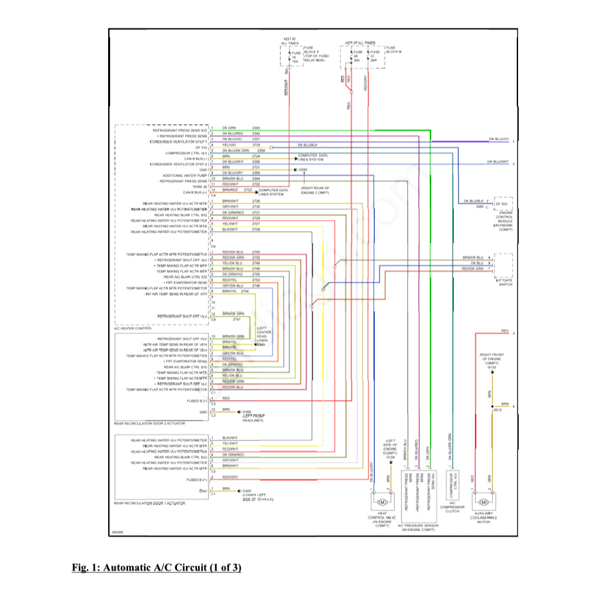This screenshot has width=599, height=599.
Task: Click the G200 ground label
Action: point(302,170)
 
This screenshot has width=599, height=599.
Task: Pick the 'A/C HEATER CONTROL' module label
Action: point(134,328)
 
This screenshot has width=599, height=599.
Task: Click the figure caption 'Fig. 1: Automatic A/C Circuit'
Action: point(157,568)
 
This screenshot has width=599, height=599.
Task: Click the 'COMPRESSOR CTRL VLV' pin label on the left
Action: point(186,153)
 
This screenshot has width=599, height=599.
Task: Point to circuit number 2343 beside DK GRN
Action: point(256,127)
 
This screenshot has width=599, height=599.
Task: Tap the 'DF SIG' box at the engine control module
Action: point(503,204)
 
